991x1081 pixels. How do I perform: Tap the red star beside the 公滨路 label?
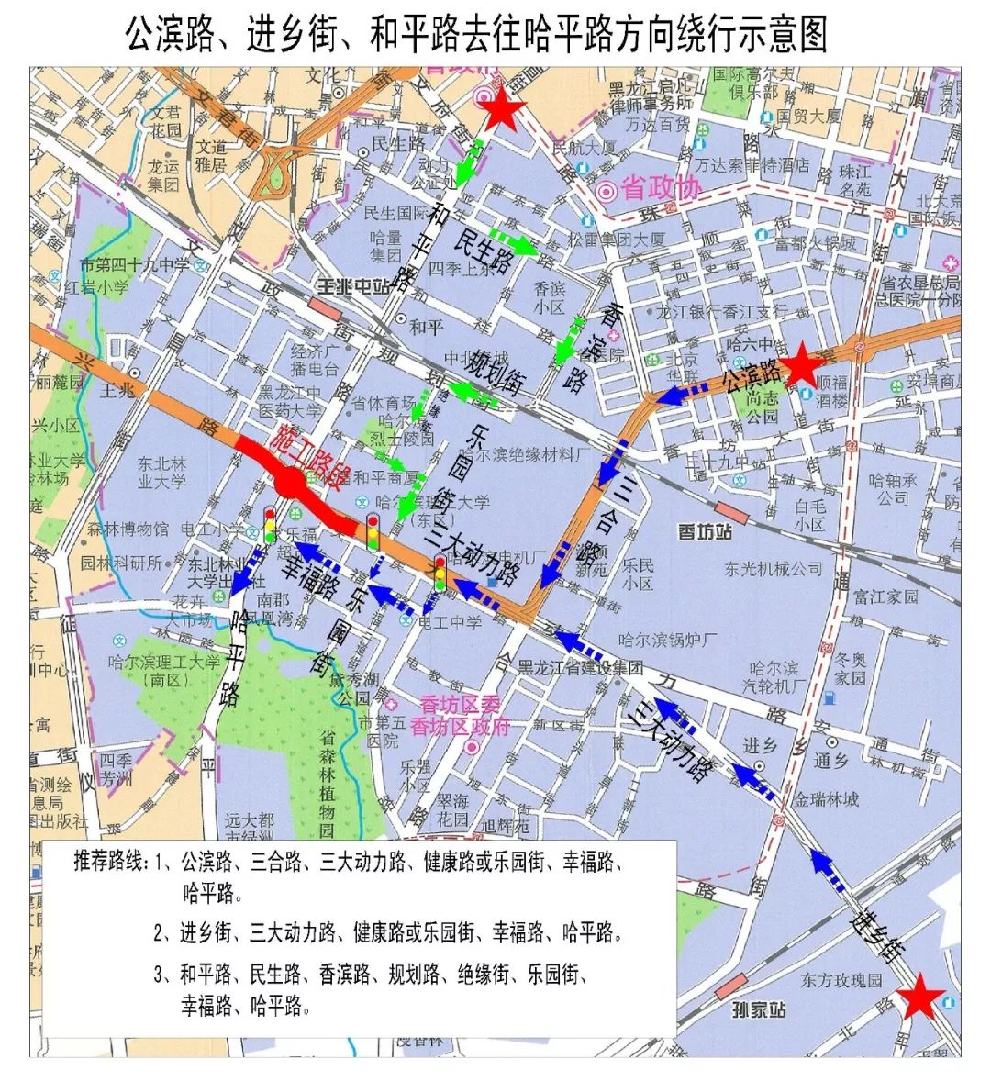(x=800, y=364)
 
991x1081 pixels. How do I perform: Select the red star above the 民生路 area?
(x=501, y=110)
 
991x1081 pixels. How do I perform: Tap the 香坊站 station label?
(x=704, y=531)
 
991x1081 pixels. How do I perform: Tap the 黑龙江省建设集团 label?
(x=579, y=667)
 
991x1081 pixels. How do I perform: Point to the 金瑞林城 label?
(x=827, y=799)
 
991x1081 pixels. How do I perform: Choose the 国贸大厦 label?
(x=808, y=117)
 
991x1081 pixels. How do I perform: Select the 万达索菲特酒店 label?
(x=752, y=165)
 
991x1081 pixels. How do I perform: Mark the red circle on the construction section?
(x=290, y=480)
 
